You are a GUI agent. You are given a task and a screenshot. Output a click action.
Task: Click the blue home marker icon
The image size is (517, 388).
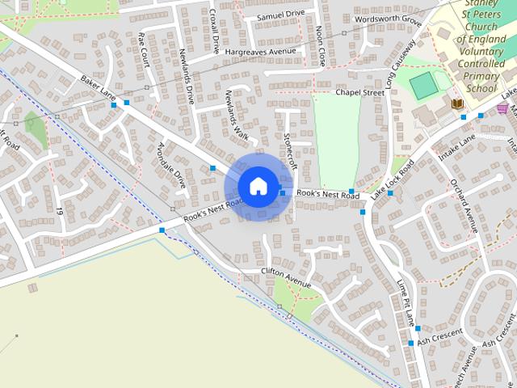coord(258,186)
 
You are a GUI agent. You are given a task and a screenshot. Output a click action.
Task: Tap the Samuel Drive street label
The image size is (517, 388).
coord(280,15)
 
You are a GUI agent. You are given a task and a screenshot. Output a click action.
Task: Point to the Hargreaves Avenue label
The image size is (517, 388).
coord(261,52)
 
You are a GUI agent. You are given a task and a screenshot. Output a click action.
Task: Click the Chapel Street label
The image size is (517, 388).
coord(359,93)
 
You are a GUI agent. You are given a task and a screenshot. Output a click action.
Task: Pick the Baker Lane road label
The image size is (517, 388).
coord(98,89)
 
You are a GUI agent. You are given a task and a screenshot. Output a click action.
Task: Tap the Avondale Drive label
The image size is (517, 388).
coord(171,165)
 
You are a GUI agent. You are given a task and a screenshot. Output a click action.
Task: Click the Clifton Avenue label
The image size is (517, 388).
coord(285,277)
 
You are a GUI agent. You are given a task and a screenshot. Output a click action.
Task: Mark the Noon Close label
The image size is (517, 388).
coord(321,45)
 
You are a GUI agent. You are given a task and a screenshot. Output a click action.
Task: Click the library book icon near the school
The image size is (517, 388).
coord(456,103)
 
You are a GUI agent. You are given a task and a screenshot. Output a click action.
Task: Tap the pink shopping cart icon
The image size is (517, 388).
coord(502,108)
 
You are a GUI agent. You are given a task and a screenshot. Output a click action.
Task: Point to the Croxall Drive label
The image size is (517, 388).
coord(215,32)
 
